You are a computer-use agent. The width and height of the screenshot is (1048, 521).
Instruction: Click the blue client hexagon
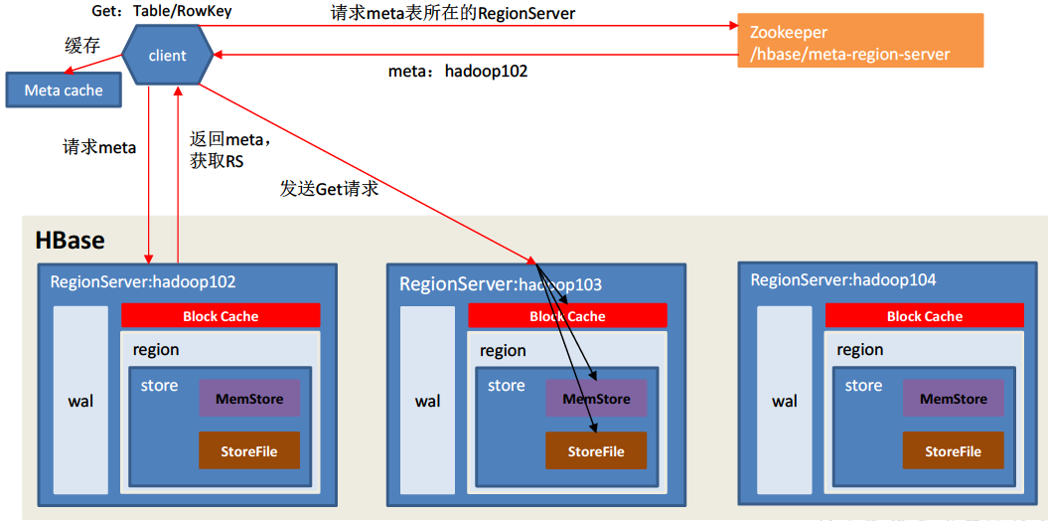click(x=168, y=56)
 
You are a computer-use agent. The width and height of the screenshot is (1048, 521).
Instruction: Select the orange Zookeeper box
click(x=860, y=41)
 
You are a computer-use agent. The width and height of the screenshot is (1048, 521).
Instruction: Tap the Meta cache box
click(x=64, y=90)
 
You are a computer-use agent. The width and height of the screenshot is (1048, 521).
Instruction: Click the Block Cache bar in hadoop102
click(x=221, y=316)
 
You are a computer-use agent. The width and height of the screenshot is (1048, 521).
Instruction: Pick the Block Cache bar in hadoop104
click(x=924, y=316)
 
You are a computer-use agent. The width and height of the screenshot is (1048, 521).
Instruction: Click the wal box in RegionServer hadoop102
click(x=80, y=400)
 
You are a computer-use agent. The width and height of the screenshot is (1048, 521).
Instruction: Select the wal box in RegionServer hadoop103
click(x=427, y=400)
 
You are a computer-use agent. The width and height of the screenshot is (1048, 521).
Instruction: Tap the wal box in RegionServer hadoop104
click(x=785, y=400)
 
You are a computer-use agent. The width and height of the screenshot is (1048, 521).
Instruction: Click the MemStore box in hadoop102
click(x=249, y=399)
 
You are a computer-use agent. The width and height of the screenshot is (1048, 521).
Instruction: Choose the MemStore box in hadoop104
click(x=954, y=399)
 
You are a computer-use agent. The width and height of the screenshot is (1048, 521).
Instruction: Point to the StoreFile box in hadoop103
click(x=596, y=451)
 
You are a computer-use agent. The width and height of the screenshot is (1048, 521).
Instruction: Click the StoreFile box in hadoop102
click(x=249, y=451)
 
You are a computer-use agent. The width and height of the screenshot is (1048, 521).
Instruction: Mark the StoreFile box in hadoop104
click(x=954, y=451)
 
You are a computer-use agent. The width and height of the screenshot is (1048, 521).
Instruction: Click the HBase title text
click(x=70, y=240)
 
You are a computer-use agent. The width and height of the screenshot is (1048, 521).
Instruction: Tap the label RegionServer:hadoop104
click(x=842, y=280)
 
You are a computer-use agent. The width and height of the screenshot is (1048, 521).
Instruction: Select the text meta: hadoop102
click(x=457, y=72)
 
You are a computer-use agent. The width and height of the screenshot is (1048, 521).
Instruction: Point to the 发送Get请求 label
click(x=329, y=188)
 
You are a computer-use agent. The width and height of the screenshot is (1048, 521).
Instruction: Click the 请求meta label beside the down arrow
click(x=99, y=147)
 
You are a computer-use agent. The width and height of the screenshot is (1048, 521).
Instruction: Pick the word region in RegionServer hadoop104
click(x=859, y=350)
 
